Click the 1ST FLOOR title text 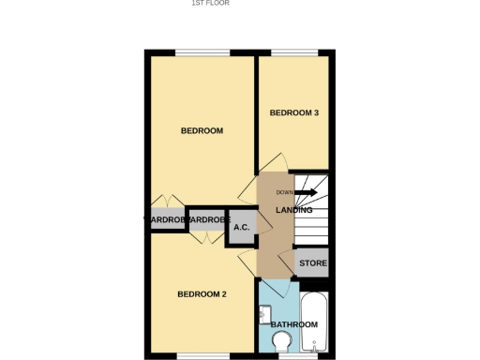point(210,4)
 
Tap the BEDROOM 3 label point(294,113)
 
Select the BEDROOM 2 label point(202,293)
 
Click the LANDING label point(293,210)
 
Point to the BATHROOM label point(293,324)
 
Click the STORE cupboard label point(312,263)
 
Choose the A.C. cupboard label point(241,227)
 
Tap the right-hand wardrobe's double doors point(203,236)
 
